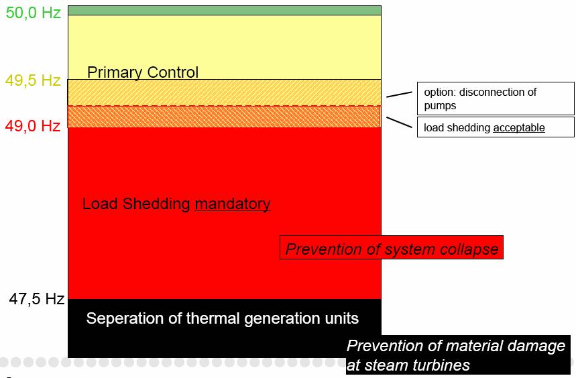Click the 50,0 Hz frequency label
click(x=33, y=13)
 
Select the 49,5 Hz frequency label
click(x=33, y=80)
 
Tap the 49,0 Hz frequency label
click(x=33, y=126)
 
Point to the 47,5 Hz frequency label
click(x=37, y=299)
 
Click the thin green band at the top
click(x=225, y=10)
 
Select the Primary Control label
click(x=143, y=72)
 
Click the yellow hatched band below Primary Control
click(x=225, y=93)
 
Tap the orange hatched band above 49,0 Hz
click(x=225, y=117)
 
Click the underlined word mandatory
click(x=233, y=204)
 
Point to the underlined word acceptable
click(x=519, y=128)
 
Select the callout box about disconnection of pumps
click(x=496, y=99)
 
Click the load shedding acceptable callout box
click(x=496, y=127)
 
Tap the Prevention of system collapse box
click(x=392, y=248)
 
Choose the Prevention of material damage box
click(x=458, y=355)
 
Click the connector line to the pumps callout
click(x=399, y=94)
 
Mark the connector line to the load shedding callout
click(x=399, y=123)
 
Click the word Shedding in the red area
click(x=156, y=204)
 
